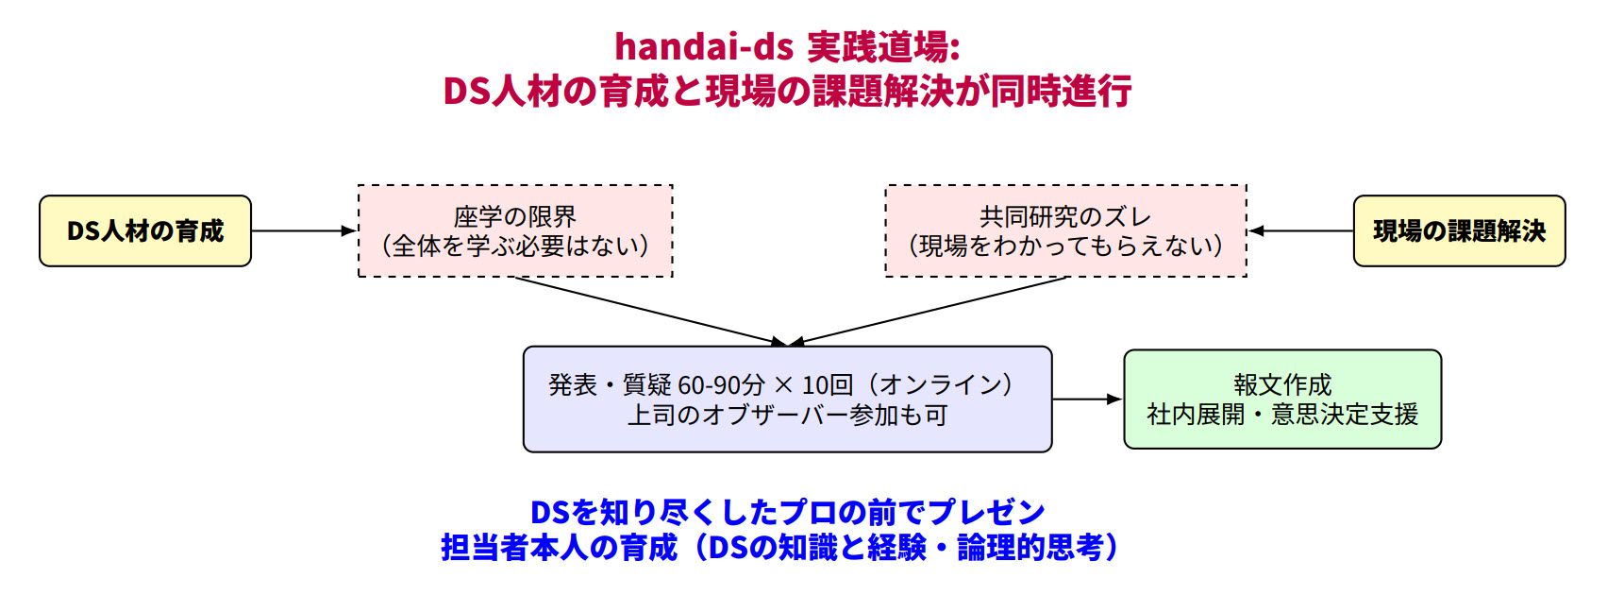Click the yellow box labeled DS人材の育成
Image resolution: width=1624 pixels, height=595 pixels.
click(x=145, y=230)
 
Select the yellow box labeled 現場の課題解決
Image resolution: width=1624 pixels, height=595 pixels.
click(x=1459, y=230)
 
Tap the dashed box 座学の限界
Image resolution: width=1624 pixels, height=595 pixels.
click(x=515, y=230)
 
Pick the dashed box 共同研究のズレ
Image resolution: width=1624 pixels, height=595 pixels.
click(x=1065, y=230)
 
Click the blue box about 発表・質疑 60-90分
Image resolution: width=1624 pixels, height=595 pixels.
click(x=787, y=399)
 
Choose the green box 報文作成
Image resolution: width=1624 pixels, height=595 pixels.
click(x=1282, y=399)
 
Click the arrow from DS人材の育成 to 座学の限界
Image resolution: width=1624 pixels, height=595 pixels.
click(x=304, y=230)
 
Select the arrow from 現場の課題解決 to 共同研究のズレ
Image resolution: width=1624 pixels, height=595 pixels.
click(x=1301, y=230)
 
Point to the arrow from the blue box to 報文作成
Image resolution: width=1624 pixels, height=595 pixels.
click(x=1087, y=399)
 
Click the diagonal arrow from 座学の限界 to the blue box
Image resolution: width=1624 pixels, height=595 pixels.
click(x=651, y=311)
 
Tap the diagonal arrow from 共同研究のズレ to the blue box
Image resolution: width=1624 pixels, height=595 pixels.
click(x=928, y=311)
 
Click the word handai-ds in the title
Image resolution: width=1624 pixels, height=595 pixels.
click(x=704, y=46)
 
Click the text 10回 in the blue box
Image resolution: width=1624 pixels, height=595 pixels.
click(x=827, y=385)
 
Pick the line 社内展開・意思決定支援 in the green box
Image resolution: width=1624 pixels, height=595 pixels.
click(x=1282, y=415)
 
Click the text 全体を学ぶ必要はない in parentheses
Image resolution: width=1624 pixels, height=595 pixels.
click(x=515, y=246)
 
